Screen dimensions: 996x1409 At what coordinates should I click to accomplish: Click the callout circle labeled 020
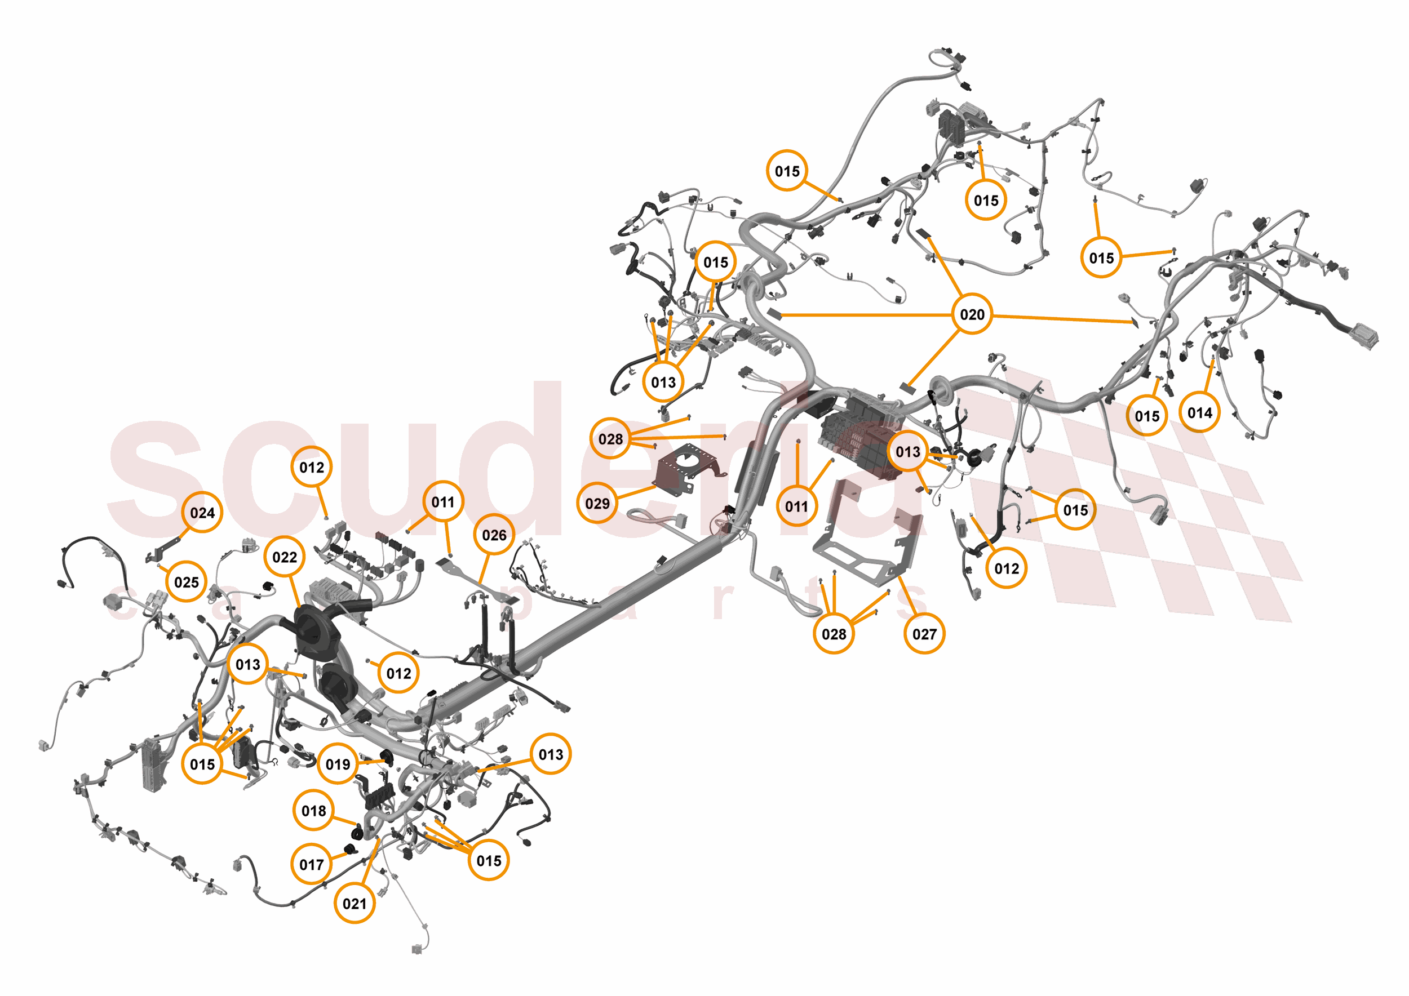click(972, 314)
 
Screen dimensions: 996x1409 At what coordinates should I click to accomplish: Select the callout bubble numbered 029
click(597, 504)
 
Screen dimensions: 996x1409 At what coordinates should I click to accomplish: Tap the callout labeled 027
click(924, 634)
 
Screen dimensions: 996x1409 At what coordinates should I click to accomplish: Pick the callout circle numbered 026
click(494, 535)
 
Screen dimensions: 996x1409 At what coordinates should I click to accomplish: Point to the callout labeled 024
click(202, 513)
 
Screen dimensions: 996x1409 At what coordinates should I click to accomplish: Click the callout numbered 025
click(187, 582)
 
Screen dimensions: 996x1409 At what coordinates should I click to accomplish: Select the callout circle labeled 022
click(284, 557)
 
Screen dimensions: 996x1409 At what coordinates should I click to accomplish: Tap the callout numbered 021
click(354, 904)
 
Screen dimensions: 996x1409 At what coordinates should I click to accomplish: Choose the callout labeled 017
click(311, 864)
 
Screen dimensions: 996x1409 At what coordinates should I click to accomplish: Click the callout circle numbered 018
click(313, 811)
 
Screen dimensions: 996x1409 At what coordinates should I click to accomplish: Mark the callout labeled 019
click(338, 764)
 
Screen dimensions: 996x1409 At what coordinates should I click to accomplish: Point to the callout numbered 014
click(1199, 413)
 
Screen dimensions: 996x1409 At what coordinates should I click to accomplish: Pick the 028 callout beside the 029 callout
click(610, 439)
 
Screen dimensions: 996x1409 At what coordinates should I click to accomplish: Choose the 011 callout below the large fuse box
click(796, 506)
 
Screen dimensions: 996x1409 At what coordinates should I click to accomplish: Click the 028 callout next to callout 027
click(834, 634)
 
